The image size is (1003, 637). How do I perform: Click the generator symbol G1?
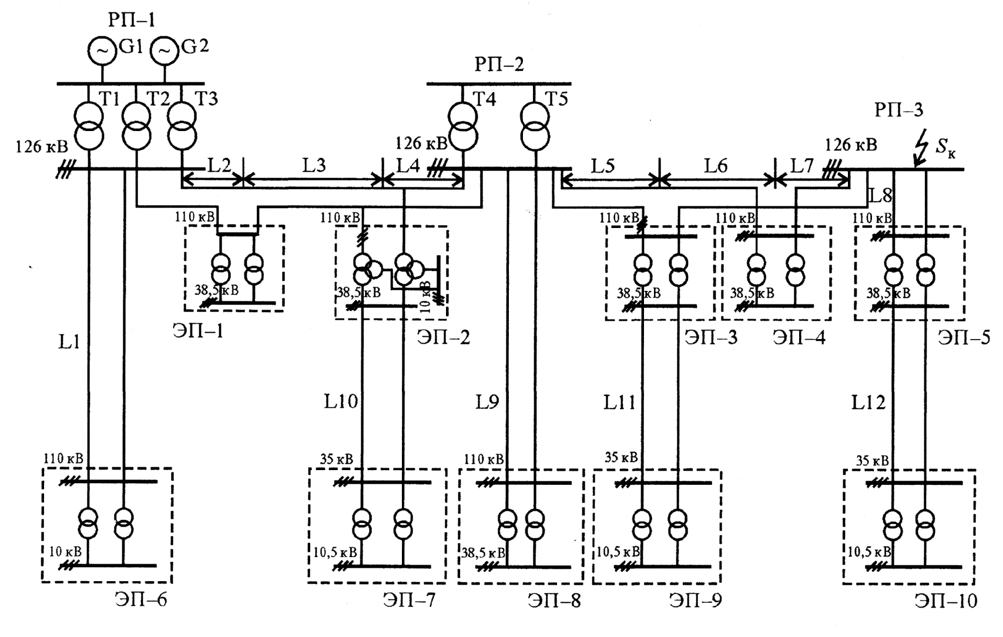tap(102, 51)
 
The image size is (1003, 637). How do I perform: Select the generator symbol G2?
tap(165, 51)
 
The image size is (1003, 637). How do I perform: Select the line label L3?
tap(314, 165)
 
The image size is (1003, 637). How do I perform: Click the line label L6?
tap(716, 166)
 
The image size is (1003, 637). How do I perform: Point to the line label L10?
tap(341, 402)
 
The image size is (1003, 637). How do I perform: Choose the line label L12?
tap(868, 403)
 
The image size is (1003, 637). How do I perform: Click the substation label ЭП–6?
tap(140, 600)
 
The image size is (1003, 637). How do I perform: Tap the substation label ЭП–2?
tap(444, 337)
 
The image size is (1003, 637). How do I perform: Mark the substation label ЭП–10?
tap(946, 601)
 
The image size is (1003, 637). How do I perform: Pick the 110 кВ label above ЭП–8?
tap(484, 459)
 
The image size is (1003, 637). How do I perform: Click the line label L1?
tap(69, 343)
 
